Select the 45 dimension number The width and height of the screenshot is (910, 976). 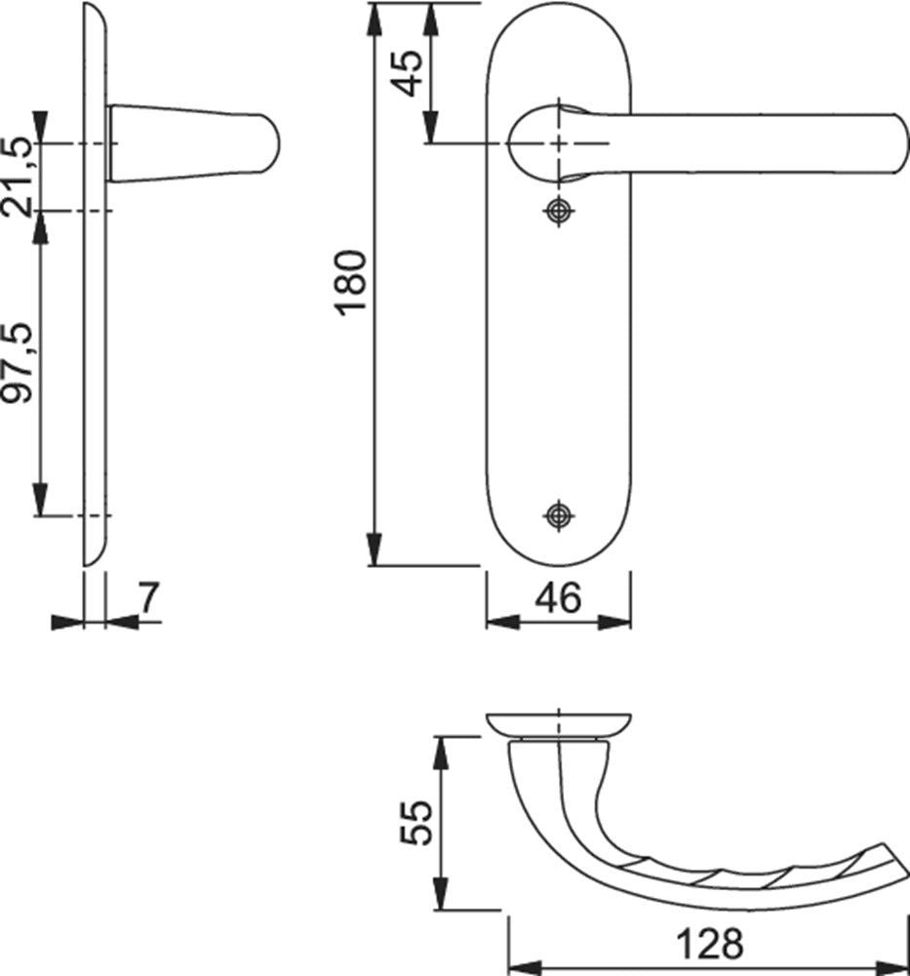(409, 73)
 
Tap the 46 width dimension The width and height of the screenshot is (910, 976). (559, 597)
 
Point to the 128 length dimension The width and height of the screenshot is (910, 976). (710, 944)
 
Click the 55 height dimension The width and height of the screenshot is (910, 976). (415, 822)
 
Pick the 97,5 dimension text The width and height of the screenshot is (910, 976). (18, 362)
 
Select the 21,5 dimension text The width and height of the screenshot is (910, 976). (18, 177)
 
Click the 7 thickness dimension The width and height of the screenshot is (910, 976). (148, 597)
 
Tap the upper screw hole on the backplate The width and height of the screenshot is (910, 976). (559, 211)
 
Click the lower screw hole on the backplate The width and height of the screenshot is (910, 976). (559, 515)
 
